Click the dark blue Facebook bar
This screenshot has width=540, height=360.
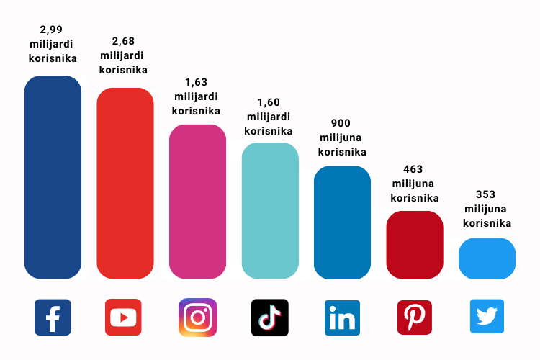pyautogui.click(x=53, y=177)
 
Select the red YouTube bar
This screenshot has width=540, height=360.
pyautogui.click(x=125, y=183)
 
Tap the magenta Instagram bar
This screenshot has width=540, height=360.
pyautogui.click(x=197, y=202)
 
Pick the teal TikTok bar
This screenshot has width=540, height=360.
pyautogui.click(x=270, y=210)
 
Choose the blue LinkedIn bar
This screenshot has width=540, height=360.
pyautogui.click(x=342, y=222)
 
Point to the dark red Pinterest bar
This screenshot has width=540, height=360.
pyautogui.click(x=415, y=245)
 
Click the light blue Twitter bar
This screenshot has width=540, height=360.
pyautogui.click(x=487, y=258)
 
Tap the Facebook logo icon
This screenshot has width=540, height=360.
pyautogui.click(x=53, y=318)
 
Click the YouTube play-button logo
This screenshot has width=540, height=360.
pyautogui.click(x=124, y=318)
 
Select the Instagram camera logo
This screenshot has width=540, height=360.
pyautogui.click(x=197, y=318)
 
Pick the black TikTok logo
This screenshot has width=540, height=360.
pyautogui.click(x=270, y=318)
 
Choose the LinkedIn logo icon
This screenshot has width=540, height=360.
pyautogui.click(x=342, y=318)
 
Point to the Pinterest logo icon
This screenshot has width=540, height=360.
pyautogui.click(x=415, y=318)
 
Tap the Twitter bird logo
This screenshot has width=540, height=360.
pyautogui.click(x=487, y=317)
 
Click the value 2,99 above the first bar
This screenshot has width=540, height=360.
pyautogui.click(x=53, y=30)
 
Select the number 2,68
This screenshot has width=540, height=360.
pyautogui.click(x=124, y=41)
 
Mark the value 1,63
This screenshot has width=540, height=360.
pyautogui.click(x=196, y=82)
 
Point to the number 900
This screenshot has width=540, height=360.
pyautogui.click(x=342, y=123)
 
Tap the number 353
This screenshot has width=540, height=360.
pyautogui.click(x=487, y=194)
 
